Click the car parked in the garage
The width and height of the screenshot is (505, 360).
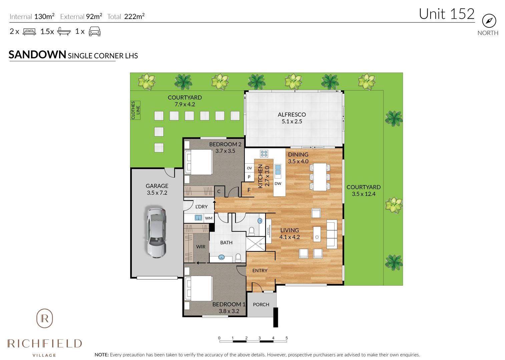pyautogui.click(x=156, y=233)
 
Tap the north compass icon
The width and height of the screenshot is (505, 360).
pyautogui.click(x=489, y=21)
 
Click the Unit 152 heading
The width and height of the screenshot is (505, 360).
pyautogui.click(x=446, y=14)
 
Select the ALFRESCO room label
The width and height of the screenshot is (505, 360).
pyautogui.click(x=292, y=114)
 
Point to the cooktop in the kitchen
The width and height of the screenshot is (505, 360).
pyautogui.click(x=264, y=154)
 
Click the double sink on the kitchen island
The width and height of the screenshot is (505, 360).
pyautogui.click(x=278, y=171)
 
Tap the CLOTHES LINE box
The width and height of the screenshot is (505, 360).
pyautogui.click(x=135, y=110)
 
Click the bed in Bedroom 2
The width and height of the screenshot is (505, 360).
pyautogui.click(x=199, y=162)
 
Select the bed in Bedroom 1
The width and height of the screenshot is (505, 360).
pyautogui.click(x=199, y=288)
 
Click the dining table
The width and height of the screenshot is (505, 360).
pyautogui.click(x=320, y=177)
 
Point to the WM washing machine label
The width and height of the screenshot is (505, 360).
pyautogui.click(x=208, y=218)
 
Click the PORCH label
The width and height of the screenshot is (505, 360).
pyautogui.click(x=261, y=304)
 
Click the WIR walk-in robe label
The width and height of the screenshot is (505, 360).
pyautogui.click(x=200, y=247)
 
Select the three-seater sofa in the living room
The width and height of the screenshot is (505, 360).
pyautogui.click(x=332, y=234)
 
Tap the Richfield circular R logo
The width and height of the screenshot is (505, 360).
pyautogui.click(x=45, y=318)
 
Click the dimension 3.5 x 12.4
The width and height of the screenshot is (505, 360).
pyautogui.click(x=363, y=194)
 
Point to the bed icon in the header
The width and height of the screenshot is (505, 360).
pyautogui.click(x=29, y=32)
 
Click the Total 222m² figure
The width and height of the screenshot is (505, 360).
pyautogui.click(x=126, y=17)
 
